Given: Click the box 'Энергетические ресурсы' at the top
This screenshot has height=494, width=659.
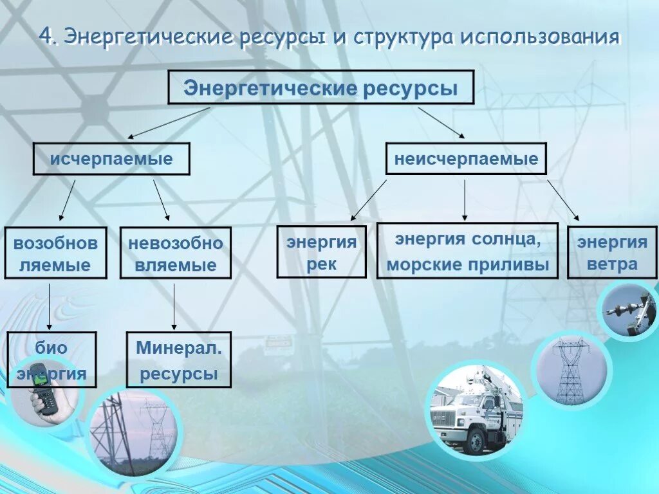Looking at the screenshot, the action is (x=320, y=87).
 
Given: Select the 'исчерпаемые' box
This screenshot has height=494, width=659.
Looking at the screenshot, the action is (x=111, y=159).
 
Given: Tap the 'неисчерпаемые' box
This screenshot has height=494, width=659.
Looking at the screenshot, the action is (x=466, y=159).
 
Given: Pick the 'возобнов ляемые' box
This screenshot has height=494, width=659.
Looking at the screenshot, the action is (x=55, y=253).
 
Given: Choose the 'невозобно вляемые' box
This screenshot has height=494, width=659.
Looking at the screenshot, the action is (x=175, y=253).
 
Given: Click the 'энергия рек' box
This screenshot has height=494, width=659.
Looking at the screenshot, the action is (x=321, y=252).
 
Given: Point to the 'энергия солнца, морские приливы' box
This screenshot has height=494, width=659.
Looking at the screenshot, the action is (x=467, y=251).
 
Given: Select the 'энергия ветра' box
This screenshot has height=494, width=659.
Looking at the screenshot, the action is (x=612, y=252).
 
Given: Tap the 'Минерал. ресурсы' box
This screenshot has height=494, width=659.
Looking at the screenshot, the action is (x=178, y=360).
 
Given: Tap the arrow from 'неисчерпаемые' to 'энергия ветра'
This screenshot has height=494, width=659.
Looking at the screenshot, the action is (x=563, y=200).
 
